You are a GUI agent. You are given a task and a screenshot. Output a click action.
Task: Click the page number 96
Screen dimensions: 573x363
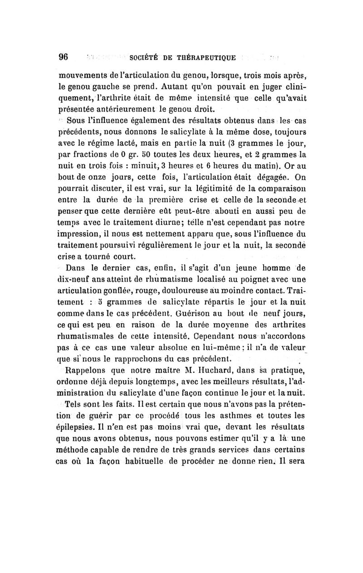(x=63, y=57)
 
